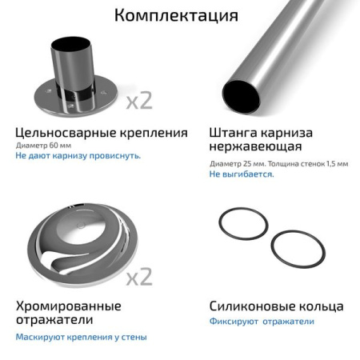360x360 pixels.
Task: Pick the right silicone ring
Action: tap(297, 248)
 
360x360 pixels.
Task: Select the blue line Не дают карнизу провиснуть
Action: tap(78, 156)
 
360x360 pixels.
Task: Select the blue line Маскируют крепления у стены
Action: tap(81, 337)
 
